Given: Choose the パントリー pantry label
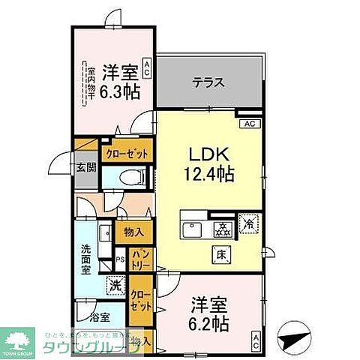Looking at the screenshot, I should [x=142, y=260].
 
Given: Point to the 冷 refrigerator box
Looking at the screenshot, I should [x=247, y=223].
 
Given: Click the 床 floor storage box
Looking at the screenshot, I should [x=223, y=253].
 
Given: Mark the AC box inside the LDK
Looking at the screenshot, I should [x=250, y=124].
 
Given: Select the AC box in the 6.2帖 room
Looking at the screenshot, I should [x=256, y=343].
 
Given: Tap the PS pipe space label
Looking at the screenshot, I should [x=120, y=259].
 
